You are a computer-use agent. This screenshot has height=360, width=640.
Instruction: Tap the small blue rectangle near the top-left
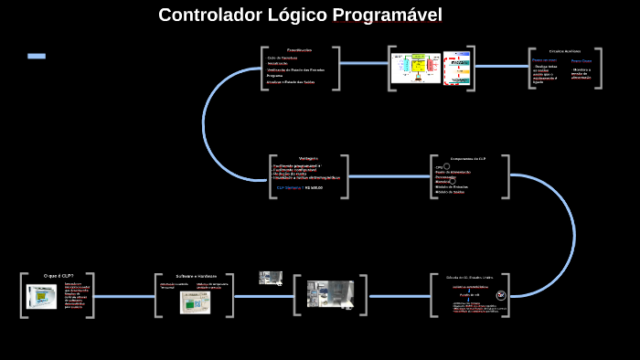(37, 57)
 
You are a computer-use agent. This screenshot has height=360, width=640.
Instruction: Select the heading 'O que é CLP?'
(59, 275)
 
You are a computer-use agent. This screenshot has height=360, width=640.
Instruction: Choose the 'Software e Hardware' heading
(197, 275)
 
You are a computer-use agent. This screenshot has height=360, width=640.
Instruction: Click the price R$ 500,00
(314, 187)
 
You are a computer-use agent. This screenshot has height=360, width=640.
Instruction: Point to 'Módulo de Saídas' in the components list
(450, 192)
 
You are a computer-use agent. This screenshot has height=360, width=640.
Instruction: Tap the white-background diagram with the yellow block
(415, 69)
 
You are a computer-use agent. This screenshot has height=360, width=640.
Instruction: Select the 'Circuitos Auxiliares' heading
(564, 51)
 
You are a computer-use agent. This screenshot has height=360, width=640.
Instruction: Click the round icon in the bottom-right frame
(500, 295)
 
